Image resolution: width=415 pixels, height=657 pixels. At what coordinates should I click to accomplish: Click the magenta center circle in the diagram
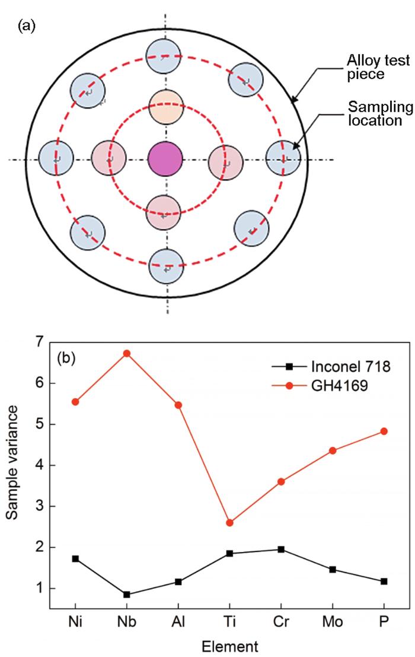[165, 159]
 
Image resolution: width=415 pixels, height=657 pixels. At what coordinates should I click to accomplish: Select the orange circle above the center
[166, 107]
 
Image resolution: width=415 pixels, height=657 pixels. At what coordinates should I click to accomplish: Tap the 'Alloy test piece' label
[378, 67]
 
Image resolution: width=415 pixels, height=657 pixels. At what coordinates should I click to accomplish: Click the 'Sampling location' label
[380, 113]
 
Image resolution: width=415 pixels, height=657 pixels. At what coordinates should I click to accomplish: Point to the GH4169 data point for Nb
[127, 353]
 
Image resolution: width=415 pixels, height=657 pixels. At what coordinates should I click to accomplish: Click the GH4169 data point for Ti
[229, 522]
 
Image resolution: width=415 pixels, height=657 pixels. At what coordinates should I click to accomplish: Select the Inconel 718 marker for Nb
[127, 594]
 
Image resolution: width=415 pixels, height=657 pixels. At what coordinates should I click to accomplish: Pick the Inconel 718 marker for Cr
[281, 550]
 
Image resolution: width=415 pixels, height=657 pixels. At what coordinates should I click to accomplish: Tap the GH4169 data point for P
[384, 431]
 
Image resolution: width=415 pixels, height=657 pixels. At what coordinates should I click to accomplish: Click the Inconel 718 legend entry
[330, 366]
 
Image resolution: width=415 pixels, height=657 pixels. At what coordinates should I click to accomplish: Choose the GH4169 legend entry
[320, 385]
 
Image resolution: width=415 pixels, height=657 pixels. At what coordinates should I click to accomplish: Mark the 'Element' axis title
[229, 646]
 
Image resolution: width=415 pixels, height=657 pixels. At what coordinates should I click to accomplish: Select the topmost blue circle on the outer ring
[164, 56]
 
